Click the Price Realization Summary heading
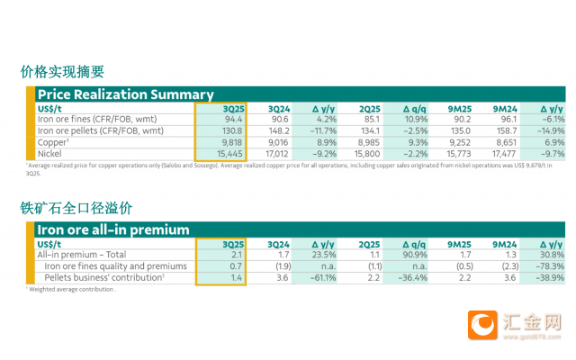point(126,94)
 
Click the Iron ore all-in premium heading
point(112,229)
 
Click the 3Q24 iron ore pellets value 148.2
point(275,130)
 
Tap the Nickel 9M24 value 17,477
point(508,154)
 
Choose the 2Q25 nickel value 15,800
point(365,154)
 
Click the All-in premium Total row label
point(76,255)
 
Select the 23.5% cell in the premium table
point(323,255)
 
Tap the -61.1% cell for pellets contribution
point(321,278)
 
